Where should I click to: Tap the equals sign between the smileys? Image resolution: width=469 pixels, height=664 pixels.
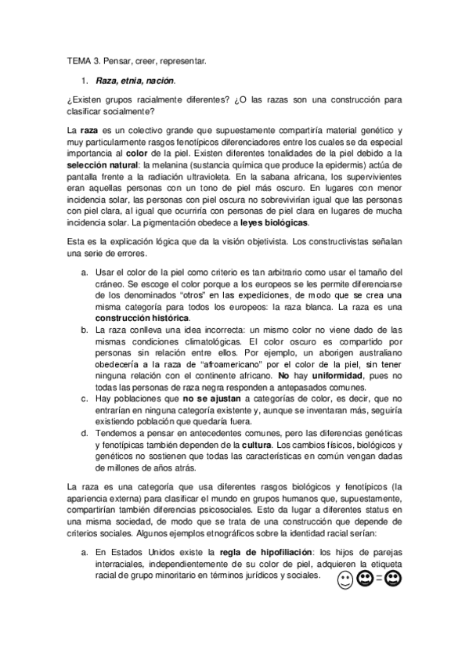coord(378,580)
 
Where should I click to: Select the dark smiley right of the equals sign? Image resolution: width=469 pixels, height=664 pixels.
coord(394,579)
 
